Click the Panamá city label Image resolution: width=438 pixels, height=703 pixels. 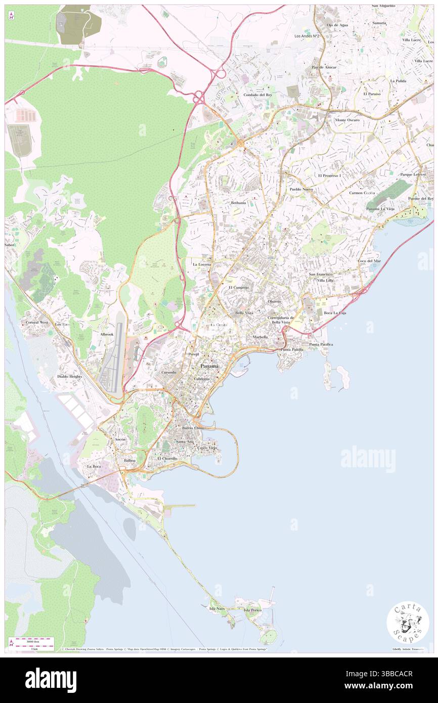pos(209,366)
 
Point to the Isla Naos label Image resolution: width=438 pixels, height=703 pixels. pos(216,608)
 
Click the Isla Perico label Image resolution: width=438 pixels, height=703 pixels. pos(252,610)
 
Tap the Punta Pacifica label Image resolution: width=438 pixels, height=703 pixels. pos(321,344)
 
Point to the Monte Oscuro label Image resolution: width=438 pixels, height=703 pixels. pos(347,120)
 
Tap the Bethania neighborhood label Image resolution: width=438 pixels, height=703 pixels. pos(238,203)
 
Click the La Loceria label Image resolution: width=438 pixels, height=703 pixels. pos(202,264)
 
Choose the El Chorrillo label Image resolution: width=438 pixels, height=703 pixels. pos(167,458)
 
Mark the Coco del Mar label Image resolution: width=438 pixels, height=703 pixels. pos(369,261)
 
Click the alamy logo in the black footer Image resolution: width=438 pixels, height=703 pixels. pos(51,680)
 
